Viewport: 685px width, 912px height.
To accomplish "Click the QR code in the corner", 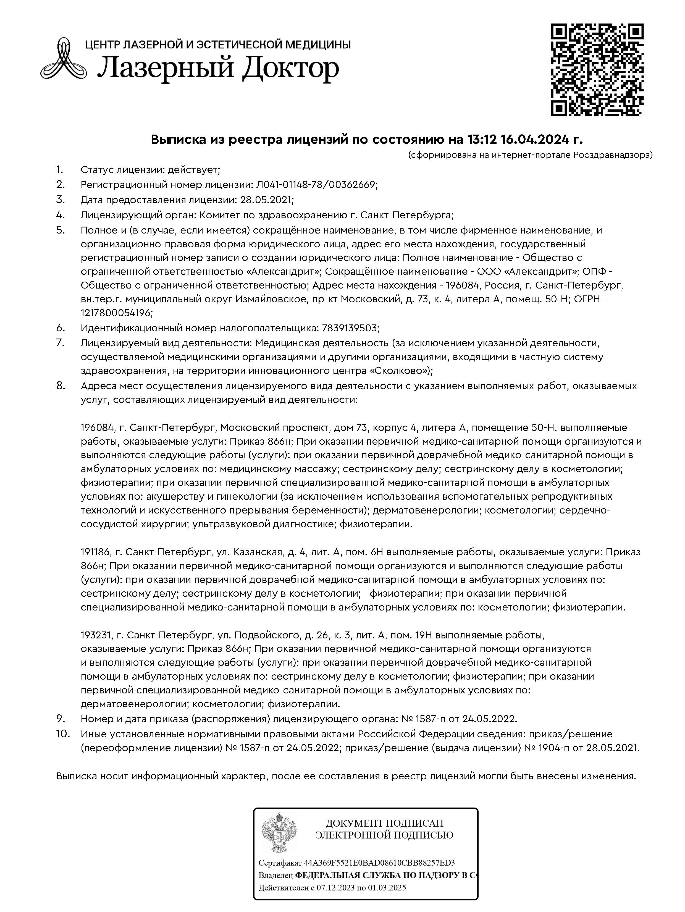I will point(597,70).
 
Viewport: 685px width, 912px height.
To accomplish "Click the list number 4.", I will point(61,215).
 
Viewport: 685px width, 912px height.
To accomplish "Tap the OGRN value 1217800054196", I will point(116,313).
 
